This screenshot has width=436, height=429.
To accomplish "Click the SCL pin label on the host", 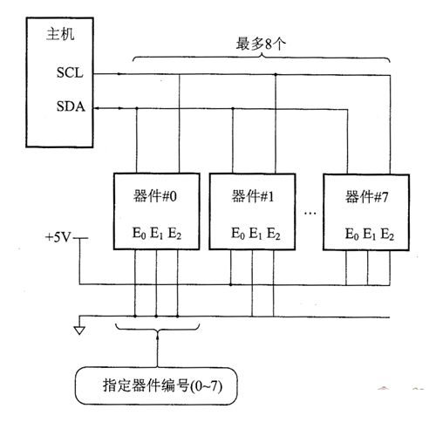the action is [70, 72].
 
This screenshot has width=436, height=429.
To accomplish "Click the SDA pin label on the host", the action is [71, 106].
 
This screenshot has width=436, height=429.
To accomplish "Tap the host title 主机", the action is [60, 34].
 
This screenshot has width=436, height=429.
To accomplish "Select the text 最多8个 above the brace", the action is [261, 44].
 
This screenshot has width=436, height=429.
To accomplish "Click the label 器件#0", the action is [155, 196].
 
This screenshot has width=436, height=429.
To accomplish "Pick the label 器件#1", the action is [253, 196].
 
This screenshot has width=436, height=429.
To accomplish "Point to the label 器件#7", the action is [366, 197].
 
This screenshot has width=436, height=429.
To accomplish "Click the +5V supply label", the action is [58, 237].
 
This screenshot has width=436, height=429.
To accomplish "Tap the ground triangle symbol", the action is [79, 330].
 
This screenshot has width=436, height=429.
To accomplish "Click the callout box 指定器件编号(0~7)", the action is [156, 385].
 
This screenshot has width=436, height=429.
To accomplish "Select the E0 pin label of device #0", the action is [139, 234].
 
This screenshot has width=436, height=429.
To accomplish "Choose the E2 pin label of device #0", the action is [174, 234].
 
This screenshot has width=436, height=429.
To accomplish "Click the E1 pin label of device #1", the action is [255, 234].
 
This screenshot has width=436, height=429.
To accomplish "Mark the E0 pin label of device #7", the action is [351, 234].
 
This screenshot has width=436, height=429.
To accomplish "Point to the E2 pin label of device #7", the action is [387, 234].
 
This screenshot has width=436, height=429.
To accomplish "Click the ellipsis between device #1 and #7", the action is [310, 214].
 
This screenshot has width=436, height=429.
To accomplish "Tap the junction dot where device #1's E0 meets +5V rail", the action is [231, 284].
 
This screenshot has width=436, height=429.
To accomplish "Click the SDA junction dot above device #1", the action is [233, 109].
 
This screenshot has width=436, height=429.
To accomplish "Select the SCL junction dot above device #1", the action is [276, 75].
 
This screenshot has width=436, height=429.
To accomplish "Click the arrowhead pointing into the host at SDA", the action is [98, 108].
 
